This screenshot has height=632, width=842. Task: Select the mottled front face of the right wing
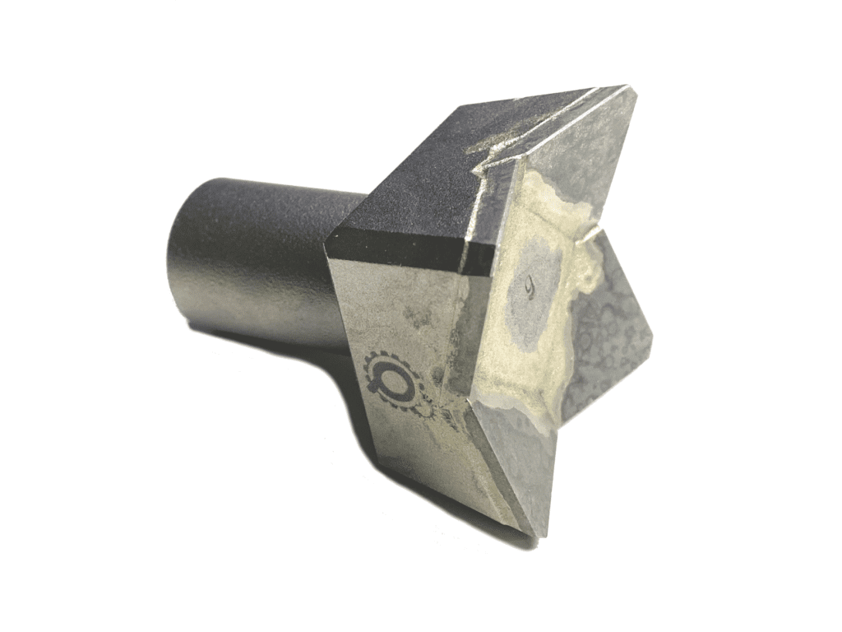coord(608,329)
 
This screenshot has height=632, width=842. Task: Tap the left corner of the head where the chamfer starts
coord(328,239)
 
